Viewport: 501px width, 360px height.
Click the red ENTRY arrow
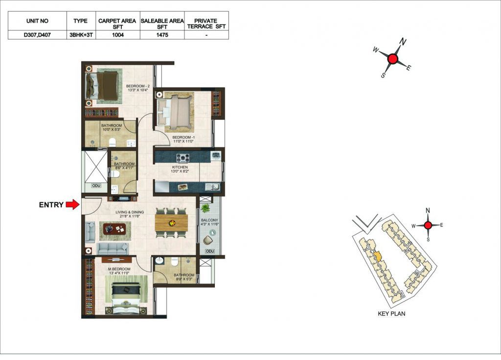72,204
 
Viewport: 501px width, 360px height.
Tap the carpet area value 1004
117,35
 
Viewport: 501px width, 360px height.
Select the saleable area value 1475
162,35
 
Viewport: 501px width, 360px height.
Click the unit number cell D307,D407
37,35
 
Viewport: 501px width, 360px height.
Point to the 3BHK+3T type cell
81,35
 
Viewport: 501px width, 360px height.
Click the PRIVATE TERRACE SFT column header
206,23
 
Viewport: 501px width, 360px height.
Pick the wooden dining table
171,223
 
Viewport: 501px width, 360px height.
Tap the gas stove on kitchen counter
183,157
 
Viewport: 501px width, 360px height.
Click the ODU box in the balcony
209,251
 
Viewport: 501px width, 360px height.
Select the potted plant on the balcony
205,208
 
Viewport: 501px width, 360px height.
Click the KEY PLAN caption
391,314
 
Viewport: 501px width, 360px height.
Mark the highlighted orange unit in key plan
378,256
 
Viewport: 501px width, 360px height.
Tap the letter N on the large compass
403,42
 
